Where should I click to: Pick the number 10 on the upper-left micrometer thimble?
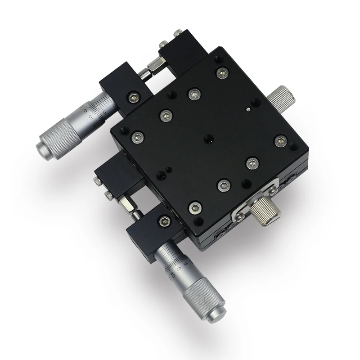pos(84,108)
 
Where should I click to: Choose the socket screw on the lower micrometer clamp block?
pos(163,221)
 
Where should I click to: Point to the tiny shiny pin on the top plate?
pos(248,108)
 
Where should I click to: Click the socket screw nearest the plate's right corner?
pos(279,140)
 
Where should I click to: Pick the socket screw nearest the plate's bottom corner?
pos(194,207)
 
